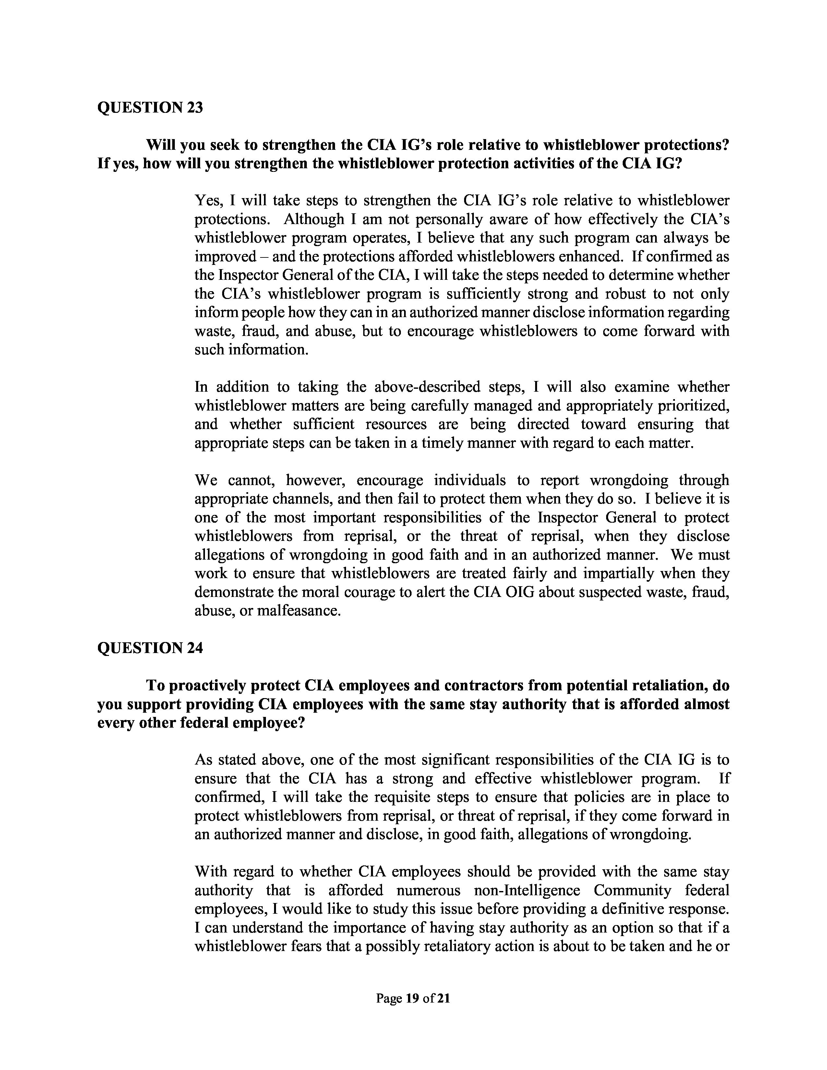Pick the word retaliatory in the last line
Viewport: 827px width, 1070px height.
point(447,946)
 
